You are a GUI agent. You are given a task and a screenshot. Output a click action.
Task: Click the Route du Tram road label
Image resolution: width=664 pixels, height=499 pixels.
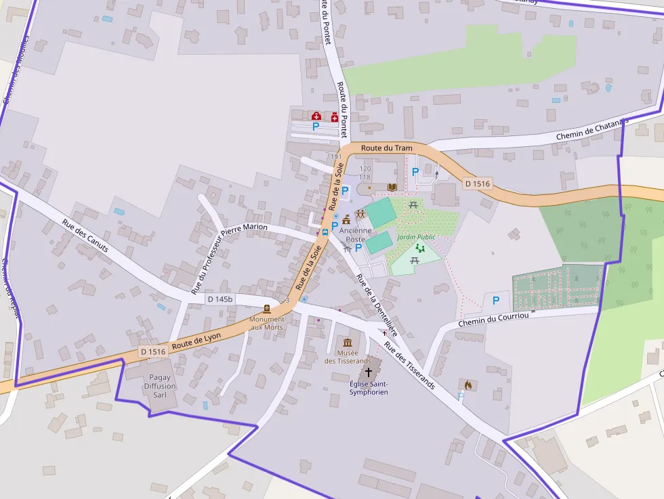click(386, 148)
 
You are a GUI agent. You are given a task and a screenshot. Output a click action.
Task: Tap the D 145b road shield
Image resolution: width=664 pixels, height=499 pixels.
click(220, 299)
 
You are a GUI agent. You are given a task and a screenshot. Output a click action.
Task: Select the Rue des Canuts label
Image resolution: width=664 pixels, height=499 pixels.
click(85, 235)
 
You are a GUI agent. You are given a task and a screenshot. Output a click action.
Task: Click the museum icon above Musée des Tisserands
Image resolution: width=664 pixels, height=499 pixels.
click(348, 343)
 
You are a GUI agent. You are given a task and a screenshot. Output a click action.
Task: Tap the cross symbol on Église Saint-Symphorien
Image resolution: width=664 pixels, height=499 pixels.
click(369, 372)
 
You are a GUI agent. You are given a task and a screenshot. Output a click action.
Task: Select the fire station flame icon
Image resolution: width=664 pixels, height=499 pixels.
click(468, 385)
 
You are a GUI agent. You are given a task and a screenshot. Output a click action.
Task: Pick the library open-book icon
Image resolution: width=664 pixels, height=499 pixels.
click(392, 187)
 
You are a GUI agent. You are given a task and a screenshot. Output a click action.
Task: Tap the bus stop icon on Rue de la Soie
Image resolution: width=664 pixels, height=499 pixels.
click(325, 232)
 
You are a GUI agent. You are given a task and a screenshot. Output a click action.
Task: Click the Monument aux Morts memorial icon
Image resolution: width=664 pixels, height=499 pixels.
click(266, 308)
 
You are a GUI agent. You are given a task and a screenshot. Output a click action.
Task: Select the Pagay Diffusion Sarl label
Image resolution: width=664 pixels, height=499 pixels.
click(160, 386)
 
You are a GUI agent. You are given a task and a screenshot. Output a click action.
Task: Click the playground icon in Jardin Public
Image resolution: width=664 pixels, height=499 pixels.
click(420, 248)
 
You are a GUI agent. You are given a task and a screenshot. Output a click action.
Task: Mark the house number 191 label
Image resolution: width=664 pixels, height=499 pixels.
click(335, 156)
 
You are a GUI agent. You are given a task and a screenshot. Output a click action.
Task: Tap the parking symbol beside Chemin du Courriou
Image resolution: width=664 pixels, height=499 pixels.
click(496, 301)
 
